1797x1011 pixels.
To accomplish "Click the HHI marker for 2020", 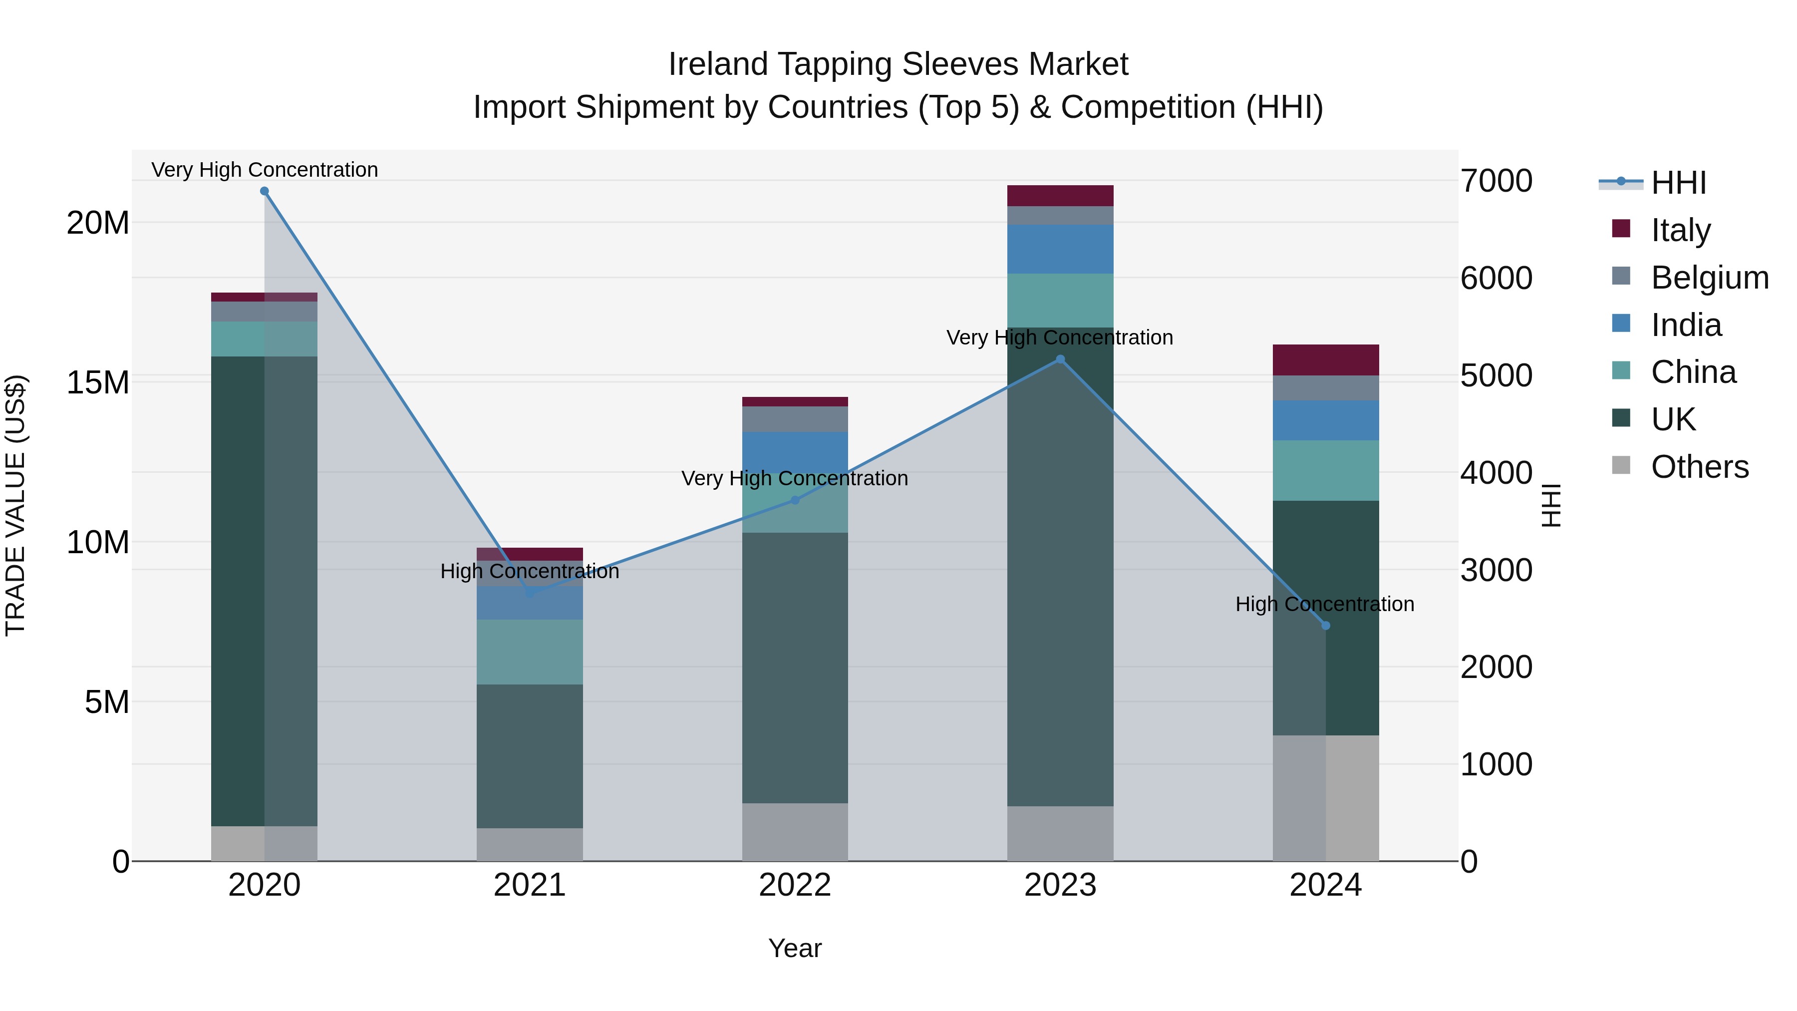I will coord(265,191).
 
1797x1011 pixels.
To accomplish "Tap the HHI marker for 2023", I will coord(1060,359).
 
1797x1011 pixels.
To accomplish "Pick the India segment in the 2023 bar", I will coord(1060,249).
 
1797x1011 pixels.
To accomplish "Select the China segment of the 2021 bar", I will coord(530,652).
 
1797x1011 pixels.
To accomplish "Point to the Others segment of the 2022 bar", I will coord(795,832).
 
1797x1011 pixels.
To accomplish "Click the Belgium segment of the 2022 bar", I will coord(795,419).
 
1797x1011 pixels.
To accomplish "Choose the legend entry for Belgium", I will coord(1709,278).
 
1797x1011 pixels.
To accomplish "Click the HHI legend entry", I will coord(1678,183).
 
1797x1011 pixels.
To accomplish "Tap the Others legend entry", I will coord(1699,467).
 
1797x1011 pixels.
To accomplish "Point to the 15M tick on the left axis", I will coord(98,382).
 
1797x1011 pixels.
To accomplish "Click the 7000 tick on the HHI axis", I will coord(1497,181).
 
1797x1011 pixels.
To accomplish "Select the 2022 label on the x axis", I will coord(795,885).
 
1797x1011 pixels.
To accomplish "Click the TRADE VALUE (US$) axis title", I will coord(15,505).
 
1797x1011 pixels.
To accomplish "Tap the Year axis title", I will coord(795,948).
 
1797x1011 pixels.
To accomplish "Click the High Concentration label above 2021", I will coord(530,572).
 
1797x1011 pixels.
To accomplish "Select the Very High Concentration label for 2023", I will coord(1060,337).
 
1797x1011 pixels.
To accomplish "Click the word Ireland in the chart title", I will coord(718,64).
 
